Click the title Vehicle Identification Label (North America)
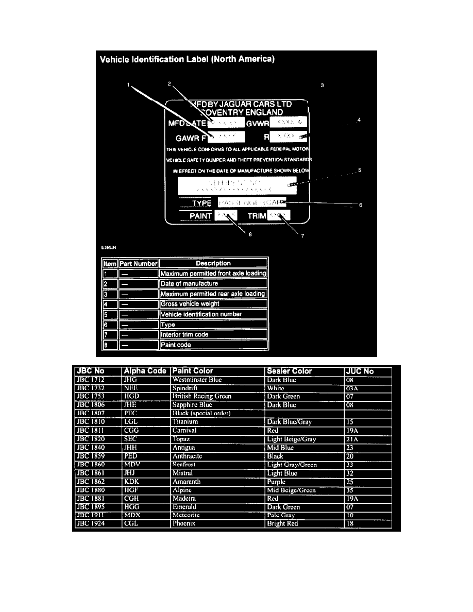(187, 59)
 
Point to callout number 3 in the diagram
(322, 85)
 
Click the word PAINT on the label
(200, 216)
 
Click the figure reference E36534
(109, 247)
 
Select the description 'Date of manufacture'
(189, 284)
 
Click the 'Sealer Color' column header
(290, 371)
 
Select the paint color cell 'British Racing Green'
(202, 397)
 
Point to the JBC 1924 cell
(91, 524)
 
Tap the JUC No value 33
(350, 465)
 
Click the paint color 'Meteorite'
(188, 515)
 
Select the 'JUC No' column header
(360, 371)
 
